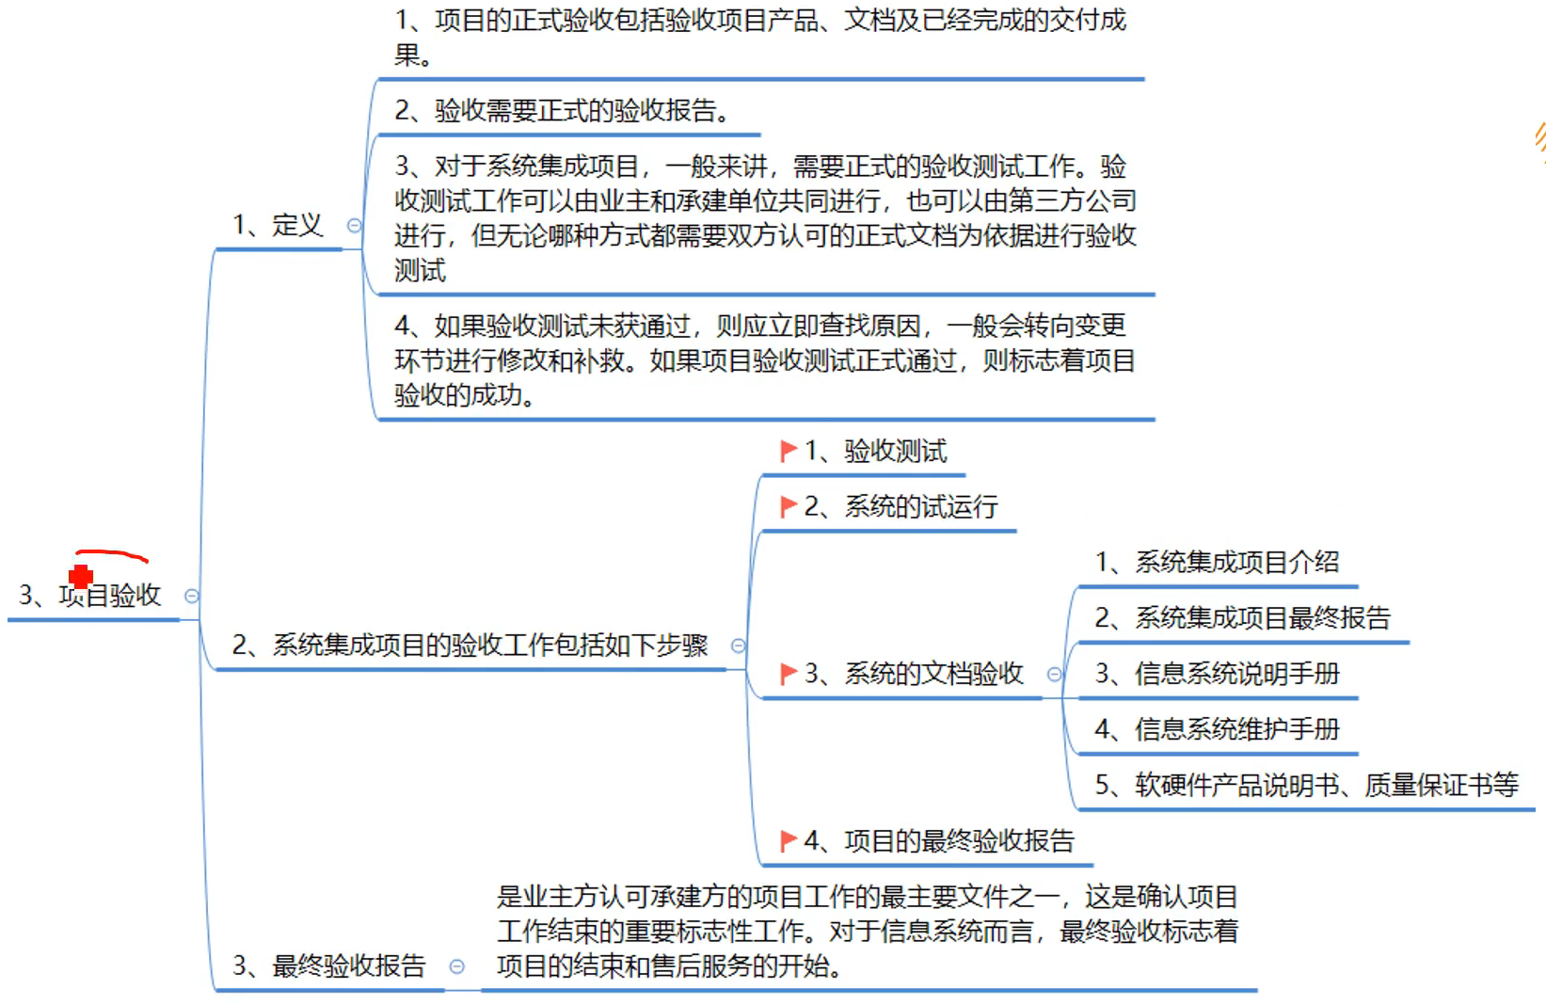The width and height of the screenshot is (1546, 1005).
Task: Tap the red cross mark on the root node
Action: pos(81,575)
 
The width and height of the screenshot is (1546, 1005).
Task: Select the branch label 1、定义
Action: pos(278,226)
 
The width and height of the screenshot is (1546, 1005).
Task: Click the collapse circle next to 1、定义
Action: pos(355,226)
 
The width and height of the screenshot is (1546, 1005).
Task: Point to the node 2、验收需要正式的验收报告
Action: pos(562,111)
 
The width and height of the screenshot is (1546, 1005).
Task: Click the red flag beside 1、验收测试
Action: pos(789,452)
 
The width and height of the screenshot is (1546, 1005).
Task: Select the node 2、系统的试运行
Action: pos(901,507)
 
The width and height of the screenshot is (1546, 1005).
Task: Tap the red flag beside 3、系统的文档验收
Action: pos(789,674)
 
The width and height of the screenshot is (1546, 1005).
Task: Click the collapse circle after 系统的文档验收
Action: pos(1055,674)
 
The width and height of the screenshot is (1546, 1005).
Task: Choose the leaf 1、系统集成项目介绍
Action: pos(1217,563)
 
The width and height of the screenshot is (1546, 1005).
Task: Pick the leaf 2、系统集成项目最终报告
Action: pos(1242,618)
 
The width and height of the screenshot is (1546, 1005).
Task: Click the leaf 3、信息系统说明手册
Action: pos(1217,674)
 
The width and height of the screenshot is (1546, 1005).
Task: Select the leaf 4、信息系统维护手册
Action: pos(1217,729)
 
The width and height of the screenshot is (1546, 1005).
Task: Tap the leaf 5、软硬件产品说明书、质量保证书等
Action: pos(1306,785)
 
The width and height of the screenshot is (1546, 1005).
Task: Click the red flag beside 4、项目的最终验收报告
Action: pos(789,840)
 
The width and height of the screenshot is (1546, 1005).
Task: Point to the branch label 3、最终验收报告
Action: pos(329,966)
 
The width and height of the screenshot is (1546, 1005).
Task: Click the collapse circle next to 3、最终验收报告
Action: pos(457,966)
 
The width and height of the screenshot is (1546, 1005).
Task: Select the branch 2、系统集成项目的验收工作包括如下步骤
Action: pos(470,646)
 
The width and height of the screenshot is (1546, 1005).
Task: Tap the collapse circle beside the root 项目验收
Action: pos(192,596)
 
